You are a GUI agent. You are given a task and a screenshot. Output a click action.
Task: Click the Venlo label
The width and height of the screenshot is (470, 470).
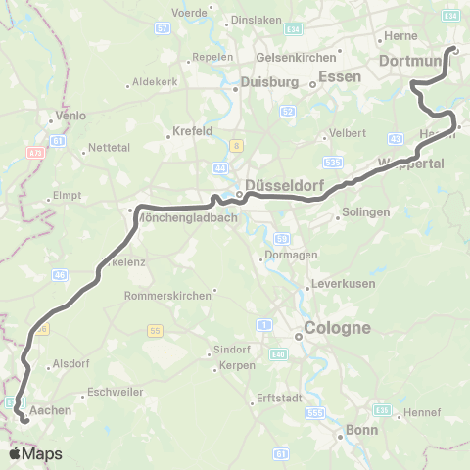pos(70,116)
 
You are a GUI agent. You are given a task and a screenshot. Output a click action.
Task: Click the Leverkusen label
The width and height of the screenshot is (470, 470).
pos(338,284)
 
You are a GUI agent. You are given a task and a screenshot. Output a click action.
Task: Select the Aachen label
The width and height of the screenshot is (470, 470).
pos(51,410)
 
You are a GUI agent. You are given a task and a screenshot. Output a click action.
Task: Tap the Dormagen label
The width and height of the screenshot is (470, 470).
pos(289,258)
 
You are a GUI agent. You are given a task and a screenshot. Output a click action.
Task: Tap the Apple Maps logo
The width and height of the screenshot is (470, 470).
pos(34,453)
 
